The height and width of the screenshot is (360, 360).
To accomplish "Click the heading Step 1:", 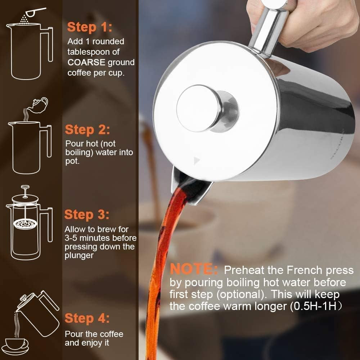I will coord(90,27).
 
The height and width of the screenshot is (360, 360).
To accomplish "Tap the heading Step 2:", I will coord(87,129).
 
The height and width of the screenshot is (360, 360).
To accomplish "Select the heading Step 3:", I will coord(86,215).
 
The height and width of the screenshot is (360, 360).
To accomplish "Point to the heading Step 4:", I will coord(87,319).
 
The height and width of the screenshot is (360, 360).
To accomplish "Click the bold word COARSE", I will coord(86,62).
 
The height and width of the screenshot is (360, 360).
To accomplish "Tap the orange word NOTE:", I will coord(194,269).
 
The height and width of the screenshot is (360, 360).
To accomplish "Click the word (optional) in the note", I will coord(241,294).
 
